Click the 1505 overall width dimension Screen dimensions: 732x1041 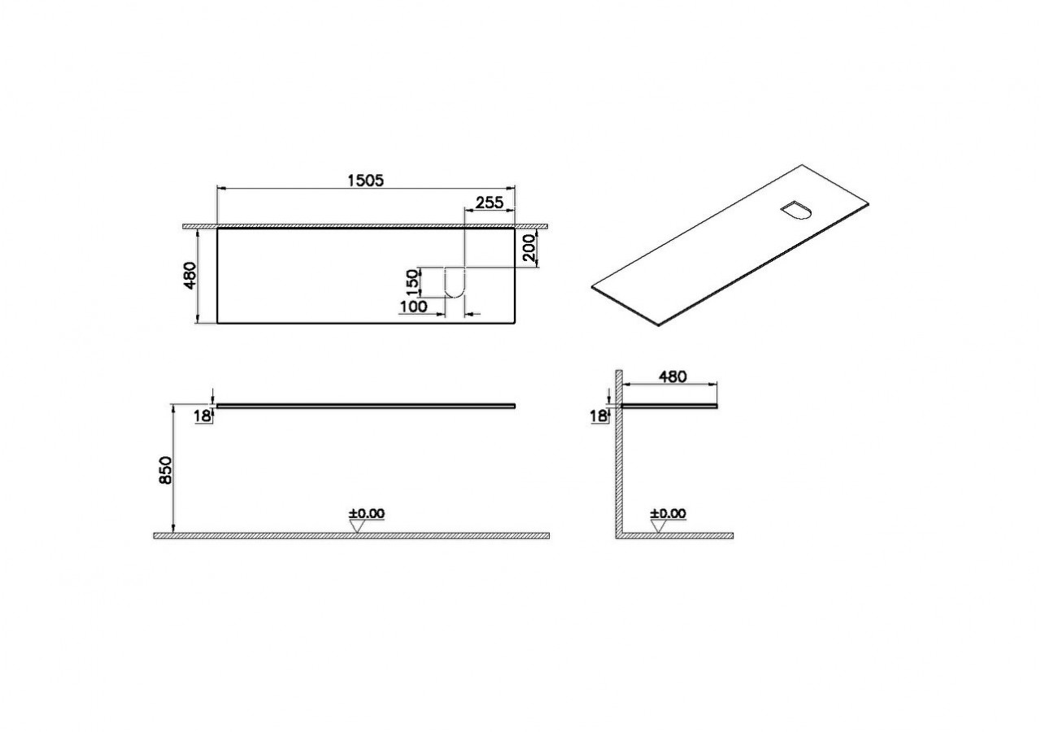pyautogui.click(x=366, y=180)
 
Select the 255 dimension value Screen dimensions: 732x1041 pyautogui.click(x=490, y=203)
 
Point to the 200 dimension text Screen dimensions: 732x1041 pyautogui.click(x=530, y=247)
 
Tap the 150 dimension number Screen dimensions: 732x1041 pyautogui.click(x=412, y=281)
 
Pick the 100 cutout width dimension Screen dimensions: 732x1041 pyautogui.click(x=414, y=307)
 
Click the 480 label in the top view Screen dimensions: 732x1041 pyautogui.click(x=189, y=275)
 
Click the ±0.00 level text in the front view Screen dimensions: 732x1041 pyautogui.click(x=367, y=513)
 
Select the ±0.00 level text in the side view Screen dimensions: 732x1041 pyautogui.click(x=668, y=513)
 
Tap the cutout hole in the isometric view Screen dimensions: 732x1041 pyautogui.click(x=795, y=210)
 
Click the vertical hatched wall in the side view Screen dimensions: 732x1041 pyautogui.click(x=618, y=455)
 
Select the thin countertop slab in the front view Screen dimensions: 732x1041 pyautogui.click(x=366, y=403)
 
